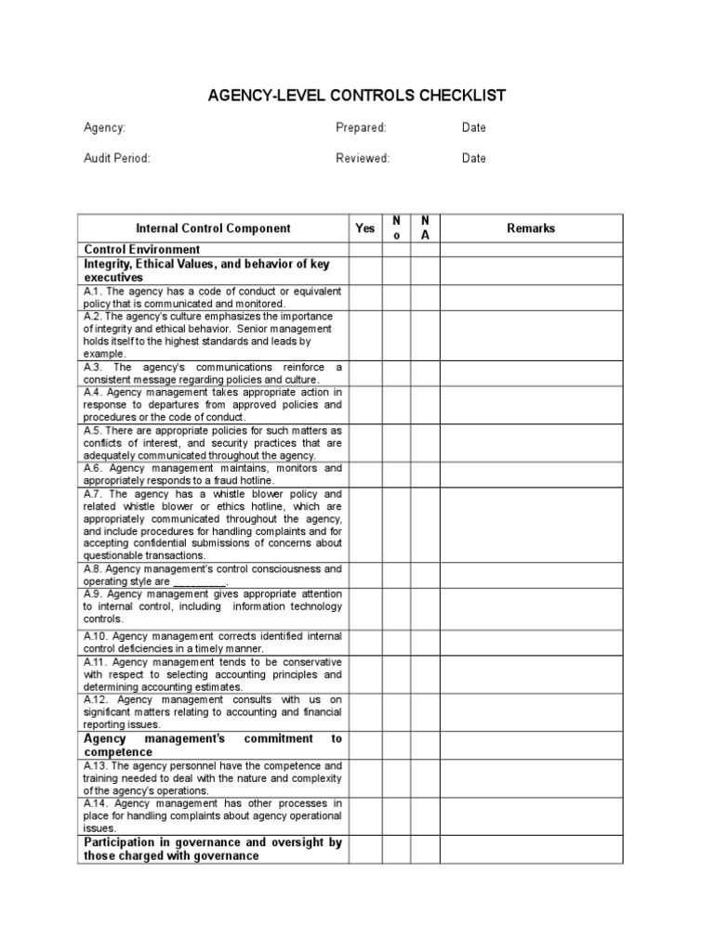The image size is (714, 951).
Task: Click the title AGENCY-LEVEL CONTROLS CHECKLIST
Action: (356, 96)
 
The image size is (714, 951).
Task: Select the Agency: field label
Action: (104, 127)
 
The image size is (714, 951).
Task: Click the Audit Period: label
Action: (117, 158)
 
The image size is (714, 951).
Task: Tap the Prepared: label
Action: (361, 127)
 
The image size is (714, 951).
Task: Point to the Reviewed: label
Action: (363, 158)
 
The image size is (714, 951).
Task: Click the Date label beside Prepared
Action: (473, 127)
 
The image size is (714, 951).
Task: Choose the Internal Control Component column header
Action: (213, 228)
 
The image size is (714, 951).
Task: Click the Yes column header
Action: (365, 228)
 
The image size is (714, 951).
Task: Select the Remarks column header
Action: (531, 228)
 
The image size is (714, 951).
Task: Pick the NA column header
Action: (425, 228)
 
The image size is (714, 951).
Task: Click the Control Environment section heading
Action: (142, 250)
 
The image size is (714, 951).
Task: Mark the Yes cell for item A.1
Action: (365, 297)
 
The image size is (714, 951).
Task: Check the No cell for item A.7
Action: (397, 525)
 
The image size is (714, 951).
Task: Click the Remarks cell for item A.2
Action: (531, 335)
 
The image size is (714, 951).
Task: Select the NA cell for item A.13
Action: (425, 778)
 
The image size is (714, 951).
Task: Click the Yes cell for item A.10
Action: (365, 642)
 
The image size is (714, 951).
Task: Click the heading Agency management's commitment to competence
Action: (213, 745)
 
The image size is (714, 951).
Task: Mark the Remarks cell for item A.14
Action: (531, 815)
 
